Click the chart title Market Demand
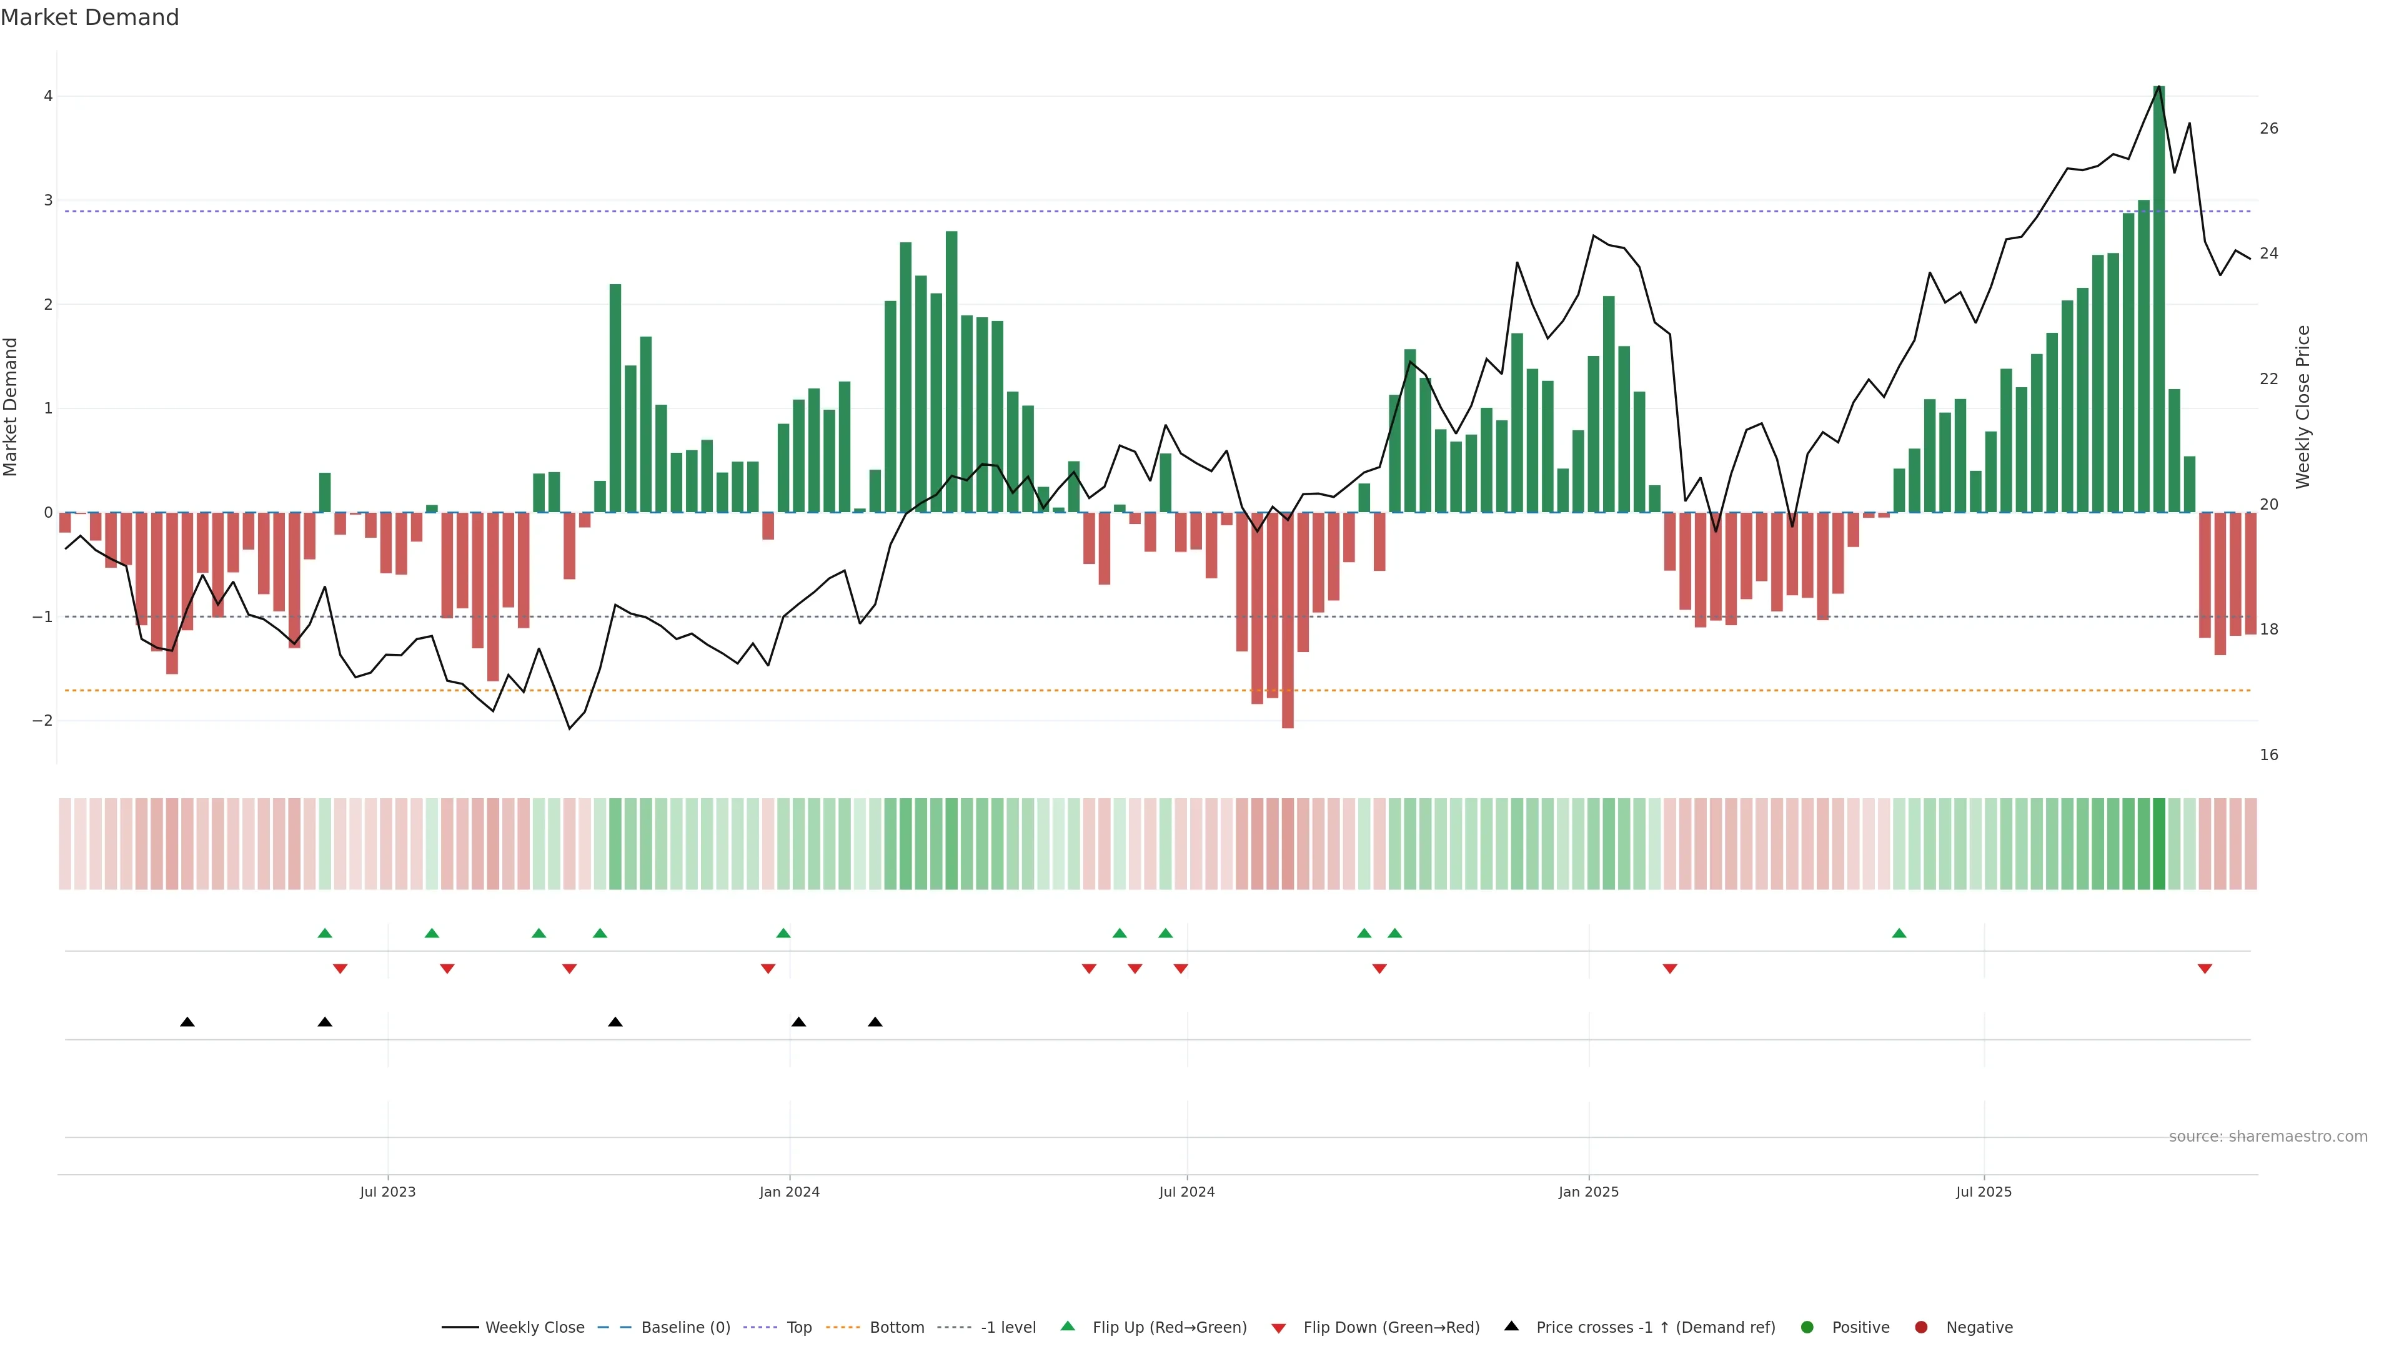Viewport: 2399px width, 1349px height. click(89, 17)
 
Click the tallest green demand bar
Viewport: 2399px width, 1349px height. click(2158, 298)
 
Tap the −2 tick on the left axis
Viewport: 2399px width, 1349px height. click(43, 721)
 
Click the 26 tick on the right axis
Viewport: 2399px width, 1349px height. click(2268, 129)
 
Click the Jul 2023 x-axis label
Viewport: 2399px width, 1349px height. click(387, 1192)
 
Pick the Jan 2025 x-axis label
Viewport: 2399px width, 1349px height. click(1588, 1192)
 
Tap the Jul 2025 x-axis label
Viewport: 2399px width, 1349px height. click(1984, 1192)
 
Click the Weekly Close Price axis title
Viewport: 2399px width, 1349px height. click(2303, 407)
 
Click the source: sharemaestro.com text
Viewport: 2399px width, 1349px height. click(2268, 1137)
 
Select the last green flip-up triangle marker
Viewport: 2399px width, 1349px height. click(1899, 933)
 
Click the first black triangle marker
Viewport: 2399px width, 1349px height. click(187, 1022)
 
